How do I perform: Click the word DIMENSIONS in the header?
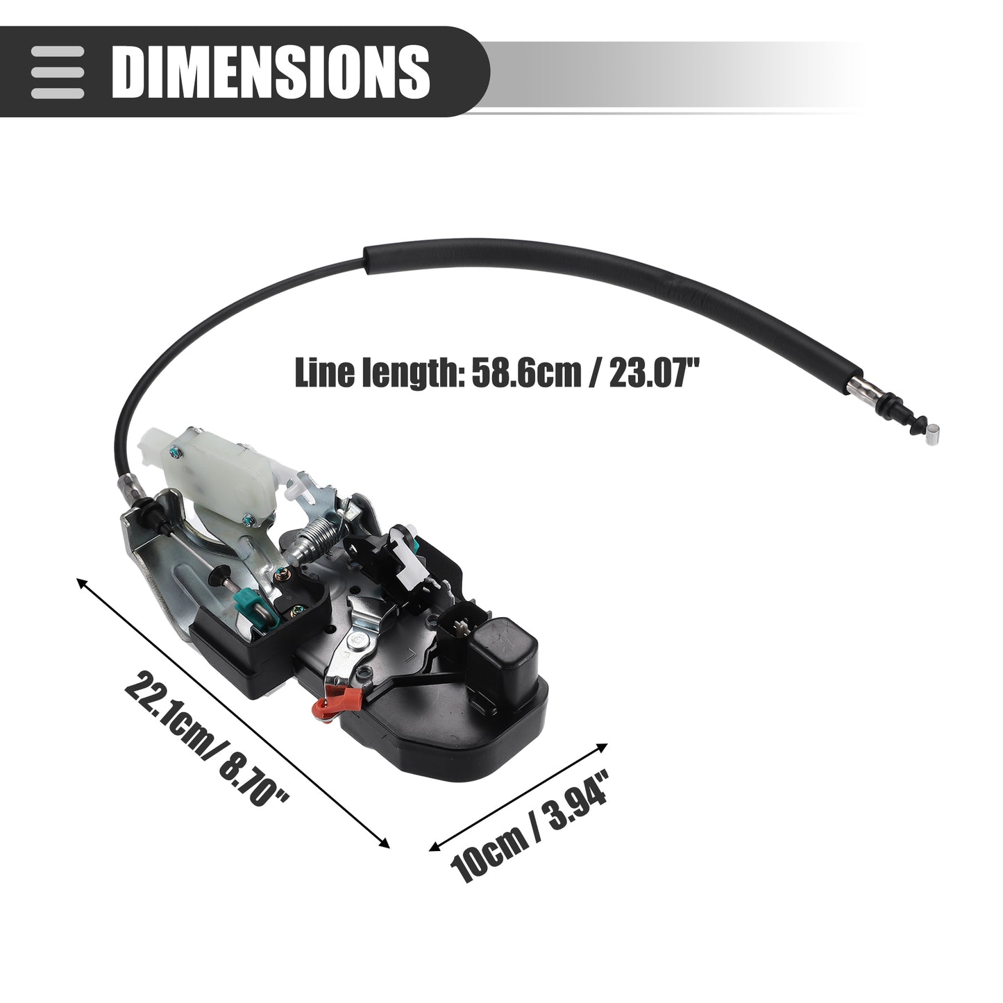tap(271, 71)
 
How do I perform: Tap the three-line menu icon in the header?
tap(57, 72)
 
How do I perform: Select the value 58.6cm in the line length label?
tap(525, 372)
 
